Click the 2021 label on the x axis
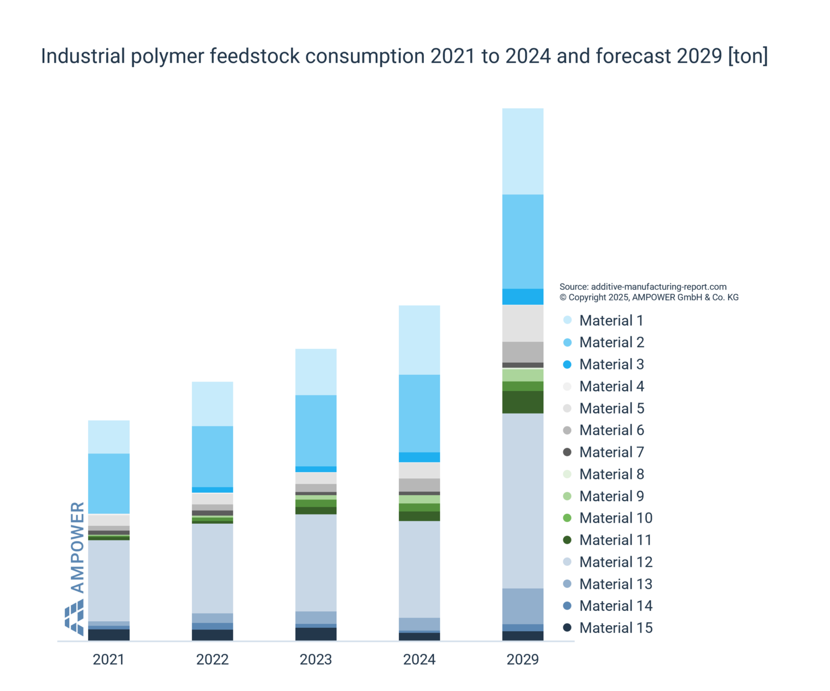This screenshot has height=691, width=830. coord(108,659)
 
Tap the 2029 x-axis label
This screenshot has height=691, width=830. coord(523,659)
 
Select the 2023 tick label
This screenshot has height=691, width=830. coord(315,659)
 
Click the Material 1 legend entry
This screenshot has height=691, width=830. coord(611,321)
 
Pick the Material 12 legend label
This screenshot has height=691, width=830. coord(616,562)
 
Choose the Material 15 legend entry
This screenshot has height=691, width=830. coord(616,628)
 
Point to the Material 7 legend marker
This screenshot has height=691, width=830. coord(567,452)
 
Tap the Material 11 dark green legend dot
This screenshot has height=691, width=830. coord(567,540)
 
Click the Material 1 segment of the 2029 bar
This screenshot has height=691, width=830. coord(523,151)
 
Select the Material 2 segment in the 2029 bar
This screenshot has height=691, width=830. coord(523,241)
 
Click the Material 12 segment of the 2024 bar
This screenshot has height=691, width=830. coord(419,569)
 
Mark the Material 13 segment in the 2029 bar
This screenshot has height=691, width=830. coord(523,606)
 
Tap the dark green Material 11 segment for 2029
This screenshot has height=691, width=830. coord(523,403)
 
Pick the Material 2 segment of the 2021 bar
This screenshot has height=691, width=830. coord(109,483)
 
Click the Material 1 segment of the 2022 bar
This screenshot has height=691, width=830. coord(212,404)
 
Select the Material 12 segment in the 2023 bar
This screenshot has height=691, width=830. coord(316,563)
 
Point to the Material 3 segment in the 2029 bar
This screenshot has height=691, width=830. coord(523,297)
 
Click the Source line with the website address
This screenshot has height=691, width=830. coord(643,287)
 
